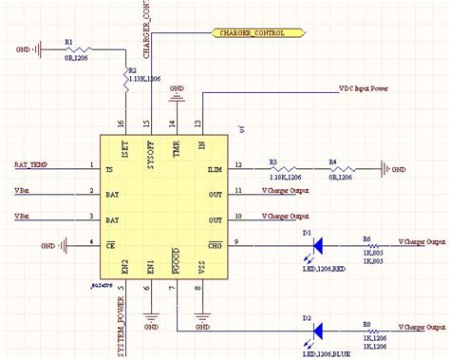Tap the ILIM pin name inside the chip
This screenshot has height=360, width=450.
215,171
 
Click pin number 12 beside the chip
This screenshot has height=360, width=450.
238,165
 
